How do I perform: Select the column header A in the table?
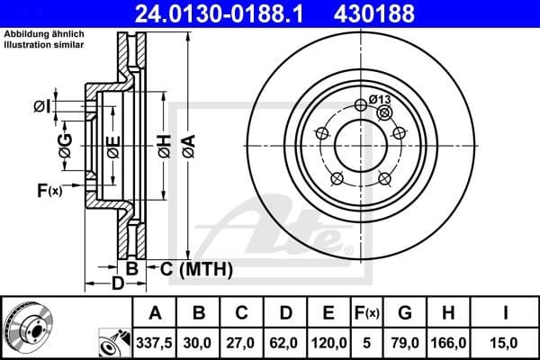tap(155, 313)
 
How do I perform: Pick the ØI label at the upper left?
tap(40, 107)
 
